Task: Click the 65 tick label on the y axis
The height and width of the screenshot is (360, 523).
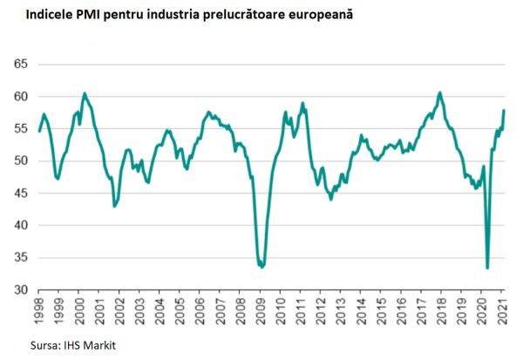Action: pos(21,65)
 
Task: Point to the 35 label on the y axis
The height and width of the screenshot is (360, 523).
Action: pos(21,258)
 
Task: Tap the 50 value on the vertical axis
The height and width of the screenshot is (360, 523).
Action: pos(21,161)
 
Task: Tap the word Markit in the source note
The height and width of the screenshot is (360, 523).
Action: pos(96,345)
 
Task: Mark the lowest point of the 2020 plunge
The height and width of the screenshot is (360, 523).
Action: pos(487,268)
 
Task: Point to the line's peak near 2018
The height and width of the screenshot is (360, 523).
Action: pos(440,92)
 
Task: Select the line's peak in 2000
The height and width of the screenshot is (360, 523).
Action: pos(85,93)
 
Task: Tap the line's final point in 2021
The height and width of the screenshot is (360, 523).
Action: pos(505,110)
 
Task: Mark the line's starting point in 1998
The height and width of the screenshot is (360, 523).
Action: pos(40,131)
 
